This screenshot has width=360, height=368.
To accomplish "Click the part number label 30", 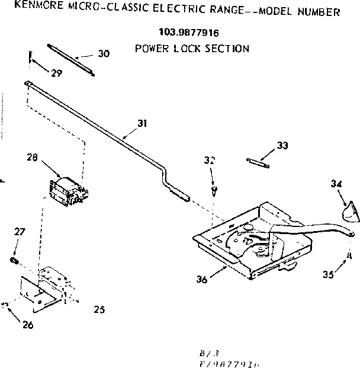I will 104,53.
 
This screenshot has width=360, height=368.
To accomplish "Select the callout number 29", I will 57,73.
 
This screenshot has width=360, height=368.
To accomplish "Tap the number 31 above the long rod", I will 142,123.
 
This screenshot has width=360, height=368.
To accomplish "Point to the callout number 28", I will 32,158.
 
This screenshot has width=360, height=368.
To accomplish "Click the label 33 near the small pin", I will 282,146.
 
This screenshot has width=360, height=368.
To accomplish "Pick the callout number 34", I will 336,184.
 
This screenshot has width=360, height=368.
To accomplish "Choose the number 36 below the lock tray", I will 202,279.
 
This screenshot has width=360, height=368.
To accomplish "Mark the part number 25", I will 99,309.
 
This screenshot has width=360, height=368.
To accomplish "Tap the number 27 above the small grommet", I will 20,232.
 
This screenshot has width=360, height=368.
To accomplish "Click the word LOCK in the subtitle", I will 189,49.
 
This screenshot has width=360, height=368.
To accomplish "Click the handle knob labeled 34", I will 348,210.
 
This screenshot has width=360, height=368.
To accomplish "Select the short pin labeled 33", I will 258,161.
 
